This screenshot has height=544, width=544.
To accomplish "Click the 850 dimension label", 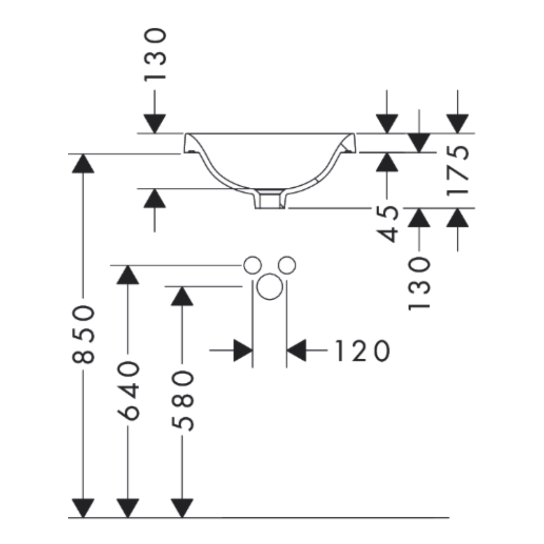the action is tap(83, 334).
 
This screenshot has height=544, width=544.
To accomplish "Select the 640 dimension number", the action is tap(128, 390).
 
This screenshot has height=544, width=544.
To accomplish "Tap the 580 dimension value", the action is tap(182, 401).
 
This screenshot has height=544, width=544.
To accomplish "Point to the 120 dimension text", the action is tap(362, 351).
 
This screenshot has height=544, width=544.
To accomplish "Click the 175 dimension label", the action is tap(457, 171).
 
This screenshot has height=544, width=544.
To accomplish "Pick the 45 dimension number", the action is tap(387, 224).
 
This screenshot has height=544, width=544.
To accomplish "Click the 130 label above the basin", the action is tap(155, 54).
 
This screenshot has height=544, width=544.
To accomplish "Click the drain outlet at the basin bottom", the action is tap(270, 199).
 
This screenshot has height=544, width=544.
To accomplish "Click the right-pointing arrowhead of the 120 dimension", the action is tap(243, 351).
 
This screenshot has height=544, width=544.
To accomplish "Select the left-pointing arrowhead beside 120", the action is tap(297, 351).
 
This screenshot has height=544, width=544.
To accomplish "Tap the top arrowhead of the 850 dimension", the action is tap(83, 163).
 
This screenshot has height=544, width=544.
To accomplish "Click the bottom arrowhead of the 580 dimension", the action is tap(182, 508).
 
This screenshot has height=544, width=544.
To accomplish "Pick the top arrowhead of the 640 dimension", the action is tap(128, 275).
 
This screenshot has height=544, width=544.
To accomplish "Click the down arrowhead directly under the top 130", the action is tap(155, 123).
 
